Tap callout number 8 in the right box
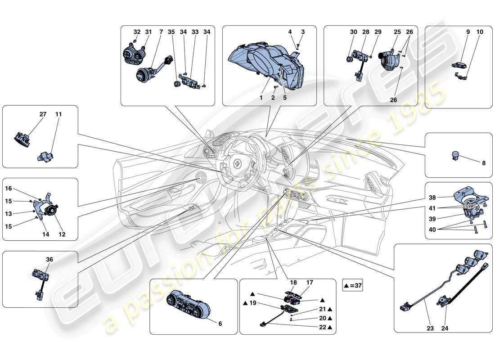pyautogui.click(x=484, y=164)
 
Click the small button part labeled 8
pyautogui.click(x=454, y=156)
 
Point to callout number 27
pyautogui.click(x=43, y=115)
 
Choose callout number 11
pyautogui.click(x=58, y=115)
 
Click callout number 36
pyautogui.click(x=49, y=259)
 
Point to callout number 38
pyautogui.click(x=432, y=198)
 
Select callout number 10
pyautogui.click(x=480, y=32)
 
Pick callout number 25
pyautogui.click(x=397, y=32)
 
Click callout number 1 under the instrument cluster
pyautogui.click(x=261, y=97)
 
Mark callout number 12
pyautogui.click(x=62, y=234)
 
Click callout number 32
pyautogui.click(x=137, y=32)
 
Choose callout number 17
pyautogui.click(x=310, y=283)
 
